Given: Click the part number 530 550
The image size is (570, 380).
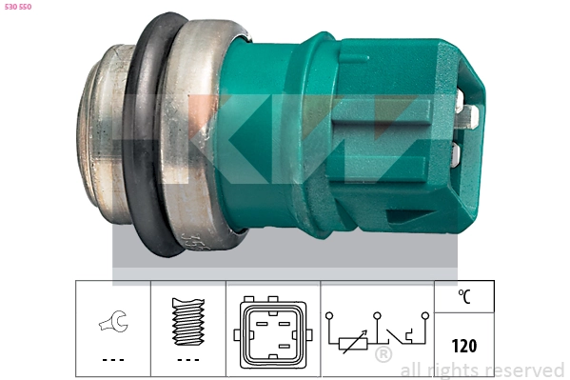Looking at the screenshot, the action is (x=18, y=7).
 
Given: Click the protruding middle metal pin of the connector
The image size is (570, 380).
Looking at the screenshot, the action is (x=469, y=116).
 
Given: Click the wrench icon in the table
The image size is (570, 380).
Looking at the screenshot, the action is (x=113, y=321).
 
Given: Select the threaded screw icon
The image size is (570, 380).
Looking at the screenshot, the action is (x=188, y=322).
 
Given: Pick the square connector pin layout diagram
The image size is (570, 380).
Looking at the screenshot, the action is (x=273, y=332).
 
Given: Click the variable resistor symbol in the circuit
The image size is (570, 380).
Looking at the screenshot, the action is (x=353, y=343).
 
